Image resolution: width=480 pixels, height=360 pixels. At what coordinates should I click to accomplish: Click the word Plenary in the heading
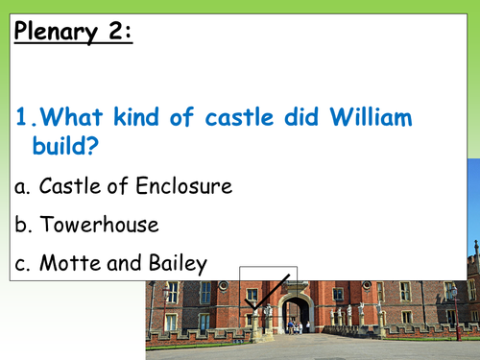pyautogui.click(x=57, y=36)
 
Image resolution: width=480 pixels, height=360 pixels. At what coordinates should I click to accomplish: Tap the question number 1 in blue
pyautogui.click(x=24, y=121)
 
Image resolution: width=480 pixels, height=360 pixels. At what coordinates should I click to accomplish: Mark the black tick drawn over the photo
pyautogui.click(x=267, y=300)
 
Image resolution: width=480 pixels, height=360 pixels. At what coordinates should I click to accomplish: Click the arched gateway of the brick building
pyautogui.click(x=297, y=314)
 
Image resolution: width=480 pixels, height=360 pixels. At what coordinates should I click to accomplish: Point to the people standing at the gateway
pyautogui.click(x=295, y=326)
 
